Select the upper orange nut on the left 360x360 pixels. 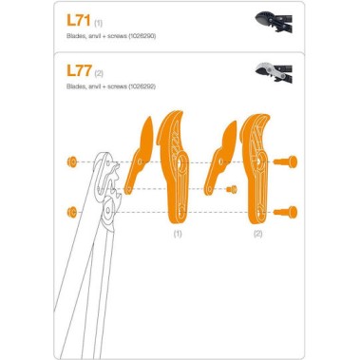click(72, 161)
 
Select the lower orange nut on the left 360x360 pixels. click(72, 210)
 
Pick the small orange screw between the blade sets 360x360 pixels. click(231, 189)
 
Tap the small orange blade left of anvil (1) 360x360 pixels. click(141, 152)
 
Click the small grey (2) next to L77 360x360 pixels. click(99, 72)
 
